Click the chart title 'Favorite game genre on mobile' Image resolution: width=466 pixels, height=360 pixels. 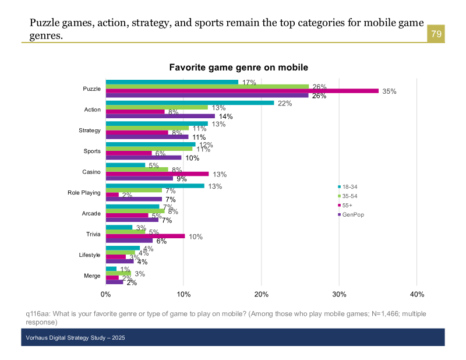238,68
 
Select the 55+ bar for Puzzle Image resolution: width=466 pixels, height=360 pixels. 242,91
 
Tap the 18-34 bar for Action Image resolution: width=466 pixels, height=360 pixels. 190,103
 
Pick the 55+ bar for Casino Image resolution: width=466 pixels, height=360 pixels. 157,174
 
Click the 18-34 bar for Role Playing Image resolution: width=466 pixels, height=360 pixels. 155,186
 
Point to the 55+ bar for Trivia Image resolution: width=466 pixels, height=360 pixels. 146,236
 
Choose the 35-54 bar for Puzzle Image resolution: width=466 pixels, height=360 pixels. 207,86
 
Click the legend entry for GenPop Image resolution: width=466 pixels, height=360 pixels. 353,215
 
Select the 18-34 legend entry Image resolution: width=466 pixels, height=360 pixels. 351,186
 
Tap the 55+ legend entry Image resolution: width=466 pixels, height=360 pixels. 349,206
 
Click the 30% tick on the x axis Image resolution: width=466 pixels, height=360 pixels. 339,294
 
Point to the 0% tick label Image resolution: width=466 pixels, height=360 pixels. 106,294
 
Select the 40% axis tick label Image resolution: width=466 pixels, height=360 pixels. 417,294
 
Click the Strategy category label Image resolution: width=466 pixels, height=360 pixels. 90,130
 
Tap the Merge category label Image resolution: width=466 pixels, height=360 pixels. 92,276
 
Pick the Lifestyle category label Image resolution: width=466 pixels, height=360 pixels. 90,255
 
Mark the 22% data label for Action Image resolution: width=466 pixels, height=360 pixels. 285,104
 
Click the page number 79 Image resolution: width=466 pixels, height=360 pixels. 436,34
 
